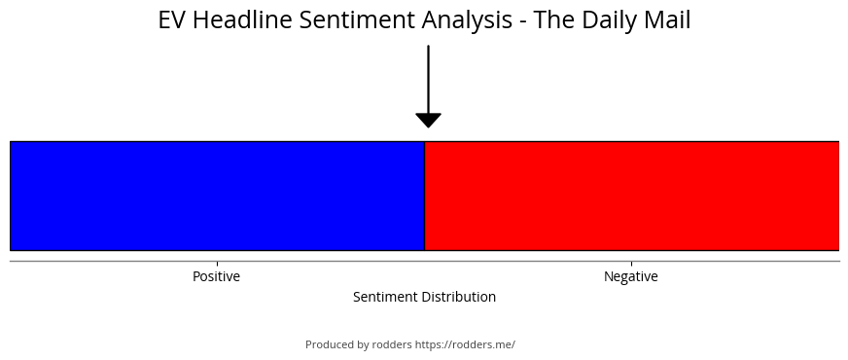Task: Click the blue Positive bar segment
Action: click(218, 196)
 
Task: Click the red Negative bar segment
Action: click(632, 196)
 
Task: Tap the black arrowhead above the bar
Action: click(428, 121)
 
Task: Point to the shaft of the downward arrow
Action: click(428, 79)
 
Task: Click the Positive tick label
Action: click(216, 276)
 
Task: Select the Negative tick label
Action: click(631, 276)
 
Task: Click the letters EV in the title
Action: click(172, 20)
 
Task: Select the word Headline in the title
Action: click(243, 20)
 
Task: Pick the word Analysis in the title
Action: click(467, 21)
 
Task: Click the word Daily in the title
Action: click(610, 21)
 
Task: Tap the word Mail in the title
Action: click(667, 20)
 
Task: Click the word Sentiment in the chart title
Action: click(358, 20)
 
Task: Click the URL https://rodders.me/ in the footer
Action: click(465, 344)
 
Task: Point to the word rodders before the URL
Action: click(392, 344)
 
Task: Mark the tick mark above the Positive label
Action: click(218, 264)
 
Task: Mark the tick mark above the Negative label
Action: click(632, 264)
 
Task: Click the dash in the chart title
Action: click(521, 22)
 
